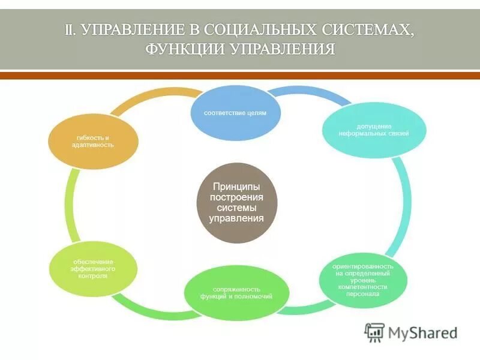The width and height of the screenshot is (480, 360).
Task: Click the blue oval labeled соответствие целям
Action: point(235,112)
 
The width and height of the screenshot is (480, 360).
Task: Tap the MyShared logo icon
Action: point(375,332)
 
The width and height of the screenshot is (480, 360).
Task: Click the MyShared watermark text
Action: point(422,332)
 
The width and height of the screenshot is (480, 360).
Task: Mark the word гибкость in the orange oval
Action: point(82,137)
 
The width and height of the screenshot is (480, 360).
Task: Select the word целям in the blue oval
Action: point(255,112)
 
